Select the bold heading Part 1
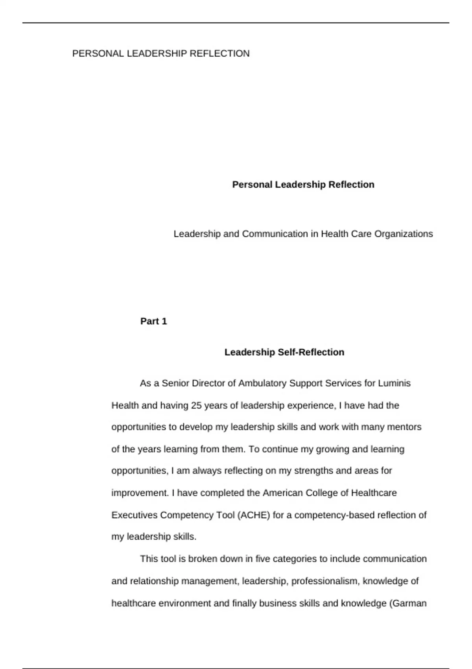point(153,321)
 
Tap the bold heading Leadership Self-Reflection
point(284,352)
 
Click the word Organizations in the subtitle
point(404,234)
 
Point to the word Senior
point(175,383)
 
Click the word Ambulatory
point(262,383)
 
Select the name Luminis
point(394,383)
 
